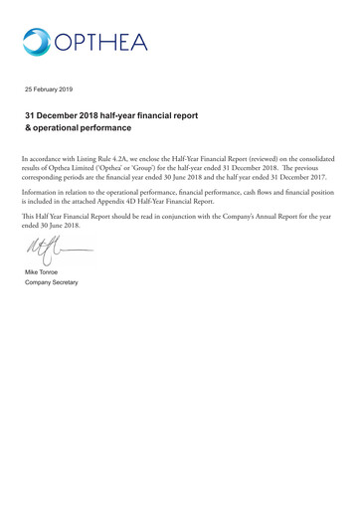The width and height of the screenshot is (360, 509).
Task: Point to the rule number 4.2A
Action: (155, 160)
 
